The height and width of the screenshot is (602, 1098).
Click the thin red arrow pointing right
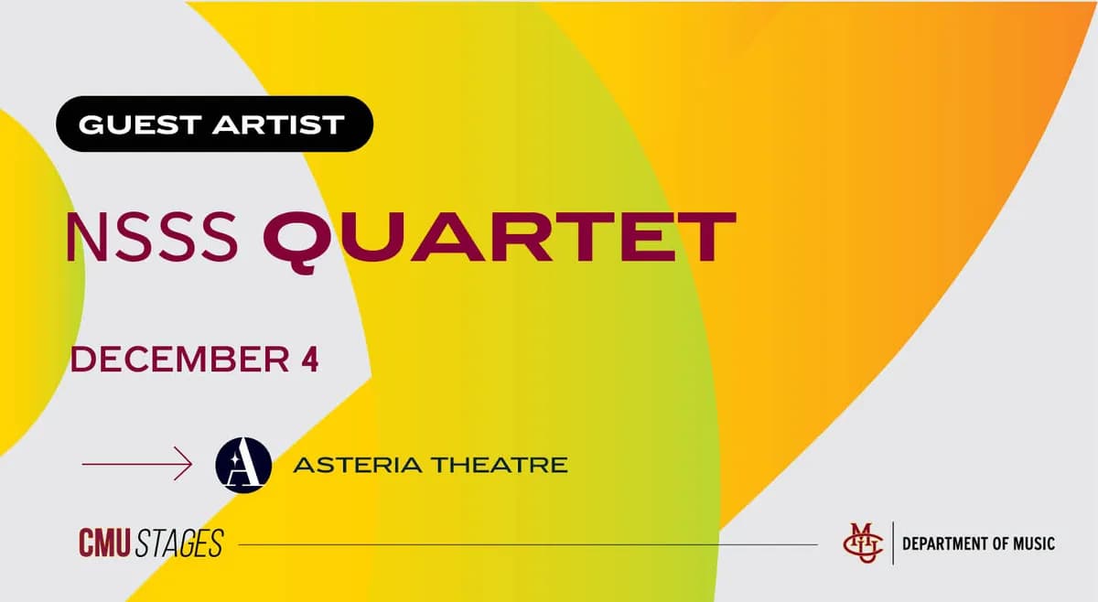(137, 465)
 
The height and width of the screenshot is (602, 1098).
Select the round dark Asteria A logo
(243, 465)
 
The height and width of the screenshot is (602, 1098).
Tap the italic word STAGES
(179, 543)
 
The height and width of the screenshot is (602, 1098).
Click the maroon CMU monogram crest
(863, 543)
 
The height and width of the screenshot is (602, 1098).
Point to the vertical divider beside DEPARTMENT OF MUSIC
(892, 543)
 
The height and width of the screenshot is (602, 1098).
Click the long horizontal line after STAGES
(526, 544)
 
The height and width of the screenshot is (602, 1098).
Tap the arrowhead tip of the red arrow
(190, 465)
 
